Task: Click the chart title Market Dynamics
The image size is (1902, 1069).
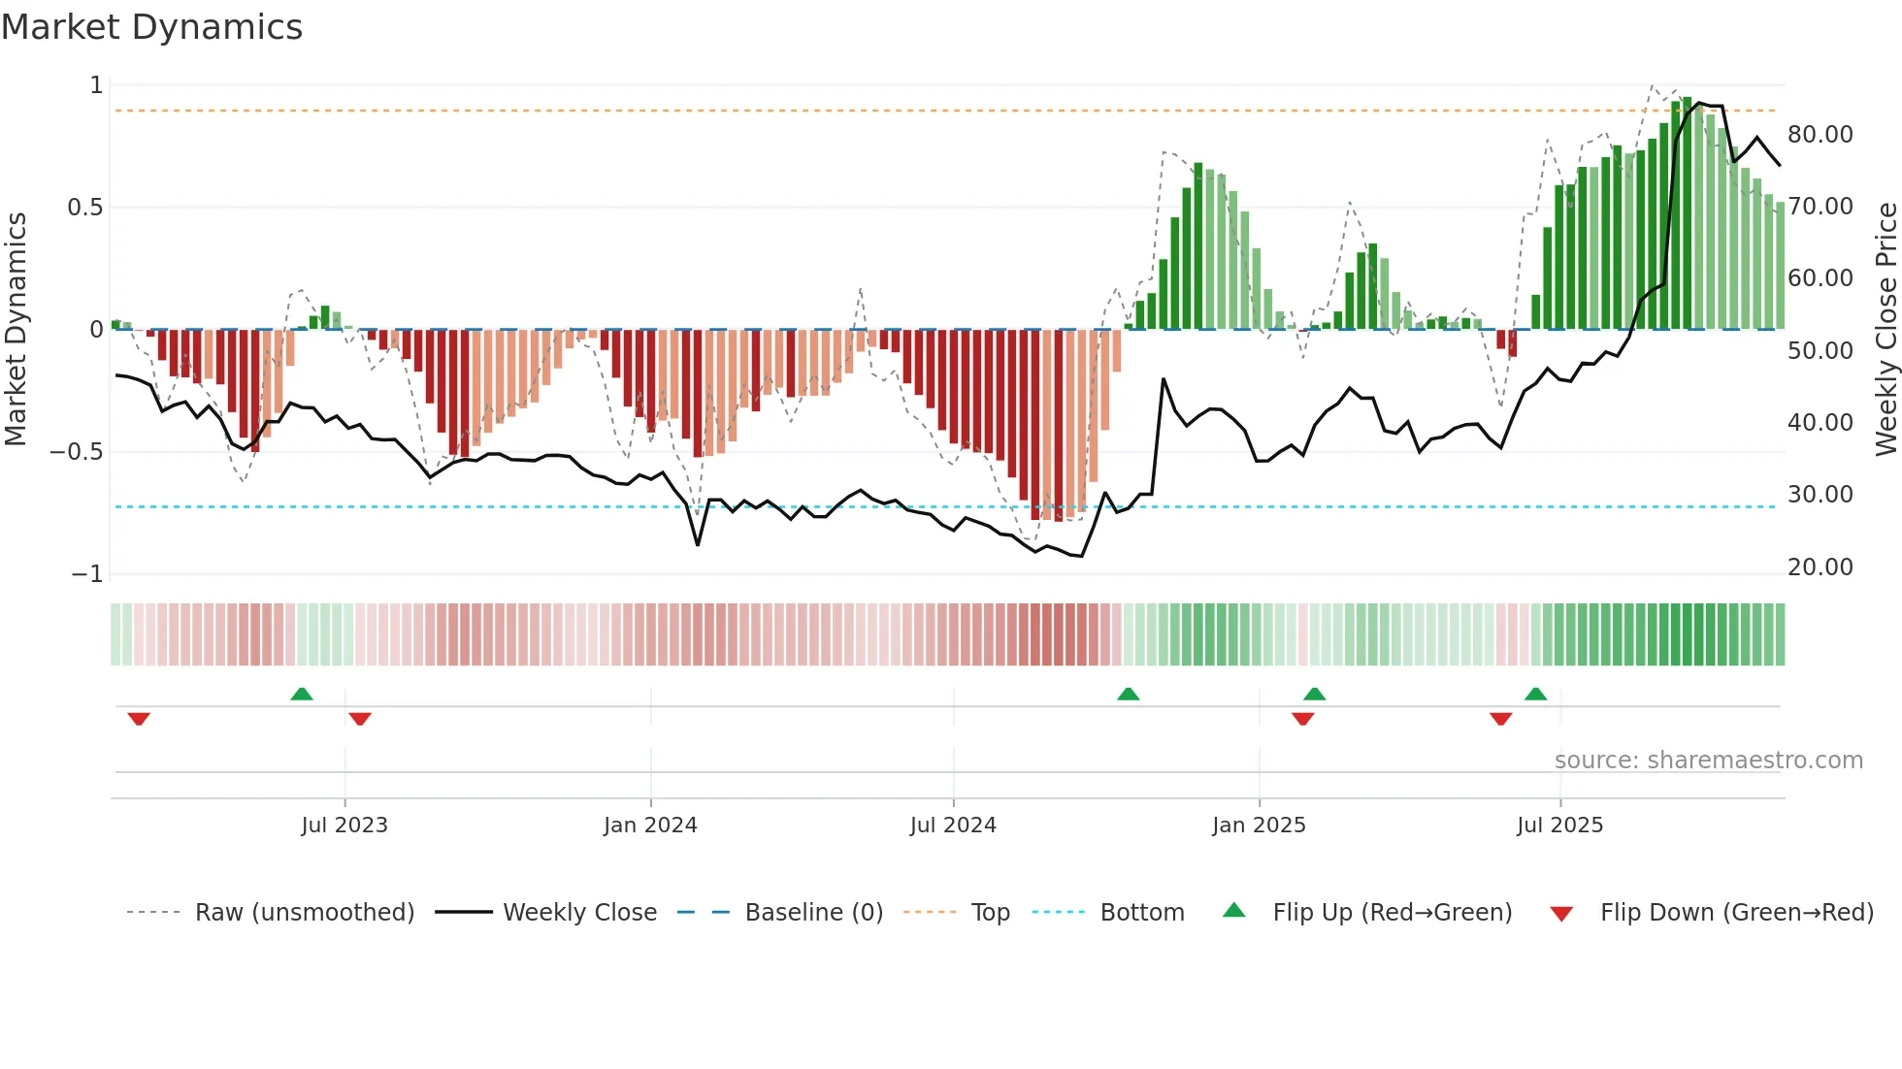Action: coord(151,27)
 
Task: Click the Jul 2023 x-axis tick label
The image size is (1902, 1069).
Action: coord(344,826)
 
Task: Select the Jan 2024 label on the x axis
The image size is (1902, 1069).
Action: coord(650,826)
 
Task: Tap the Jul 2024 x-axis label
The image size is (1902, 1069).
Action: coord(953,826)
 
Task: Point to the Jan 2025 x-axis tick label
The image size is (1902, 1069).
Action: coord(1259,826)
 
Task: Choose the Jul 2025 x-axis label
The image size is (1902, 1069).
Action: coord(1559,826)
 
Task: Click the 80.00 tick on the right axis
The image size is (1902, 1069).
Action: coord(1820,135)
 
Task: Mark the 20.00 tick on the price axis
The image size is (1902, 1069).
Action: coord(1820,567)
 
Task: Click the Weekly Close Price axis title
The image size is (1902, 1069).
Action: coord(1886,329)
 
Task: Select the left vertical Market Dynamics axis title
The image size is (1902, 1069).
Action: coord(16,329)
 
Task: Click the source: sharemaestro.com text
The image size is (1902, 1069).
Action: coord(1708,761)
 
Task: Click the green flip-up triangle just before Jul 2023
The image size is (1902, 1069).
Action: coord(302,695)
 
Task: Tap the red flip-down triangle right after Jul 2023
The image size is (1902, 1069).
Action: coord(360,719)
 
